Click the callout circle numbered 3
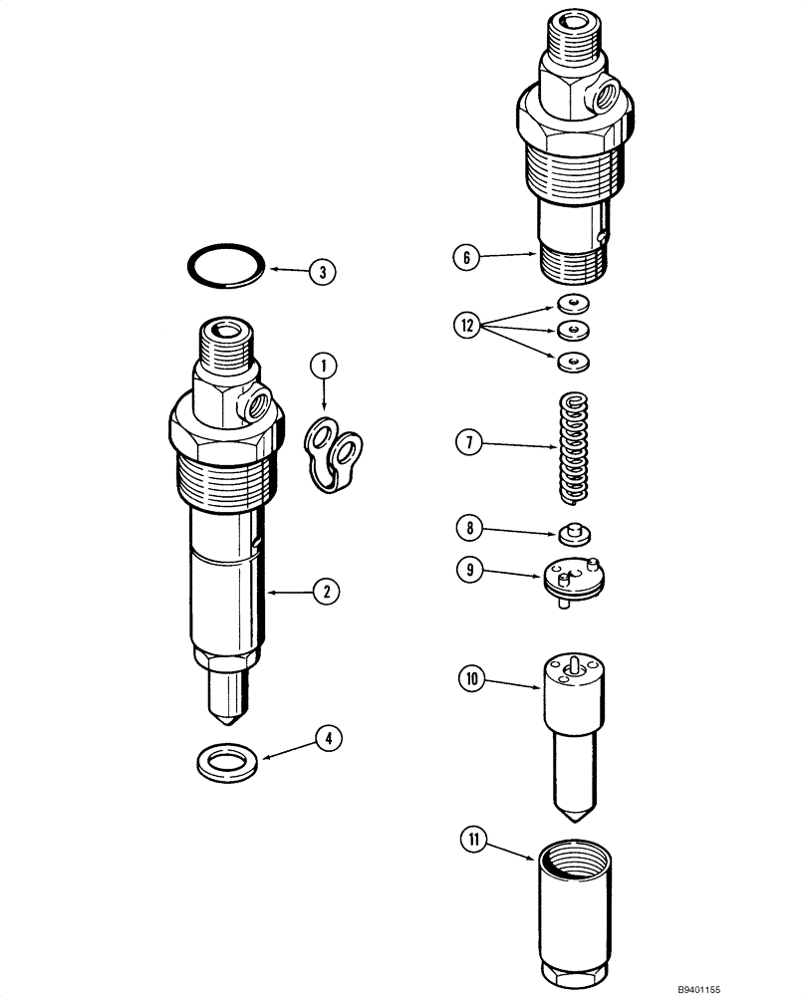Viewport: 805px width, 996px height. pos(323,270)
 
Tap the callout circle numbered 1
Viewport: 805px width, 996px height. pos(323,367)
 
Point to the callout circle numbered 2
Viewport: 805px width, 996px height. pos(325,592)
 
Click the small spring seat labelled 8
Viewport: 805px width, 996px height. pos(573,534)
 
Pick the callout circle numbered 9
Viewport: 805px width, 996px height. pos(467,570)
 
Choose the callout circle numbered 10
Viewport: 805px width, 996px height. pos(469,680)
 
